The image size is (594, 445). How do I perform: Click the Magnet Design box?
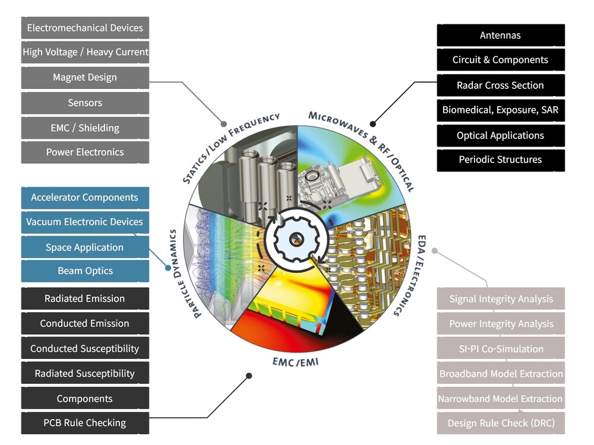coord(85,78)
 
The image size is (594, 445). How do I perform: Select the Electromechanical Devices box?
coord(85,28)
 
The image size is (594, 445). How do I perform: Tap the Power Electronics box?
coord(85,152)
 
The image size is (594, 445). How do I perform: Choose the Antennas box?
coord(500,36)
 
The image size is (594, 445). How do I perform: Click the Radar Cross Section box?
coord(500,85)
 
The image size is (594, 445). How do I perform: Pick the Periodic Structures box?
coord(500,160)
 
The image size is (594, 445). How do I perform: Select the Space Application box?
coord(85,247)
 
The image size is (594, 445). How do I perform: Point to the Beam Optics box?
coord(85,271)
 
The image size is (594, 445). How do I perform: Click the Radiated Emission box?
coord(85,299)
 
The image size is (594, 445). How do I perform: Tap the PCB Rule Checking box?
coord(85,423)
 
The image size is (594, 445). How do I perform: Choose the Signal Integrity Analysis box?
coord(501,299)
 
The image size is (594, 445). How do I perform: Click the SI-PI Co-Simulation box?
coord(501,349)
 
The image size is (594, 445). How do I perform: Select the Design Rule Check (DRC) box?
coord(501,423)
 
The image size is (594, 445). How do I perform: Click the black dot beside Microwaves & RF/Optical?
coord(372,124)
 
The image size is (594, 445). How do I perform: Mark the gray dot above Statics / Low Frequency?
coord(224,124)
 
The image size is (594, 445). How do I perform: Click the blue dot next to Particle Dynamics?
coord(167,268)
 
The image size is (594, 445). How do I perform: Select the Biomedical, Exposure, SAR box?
coord(500,110)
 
